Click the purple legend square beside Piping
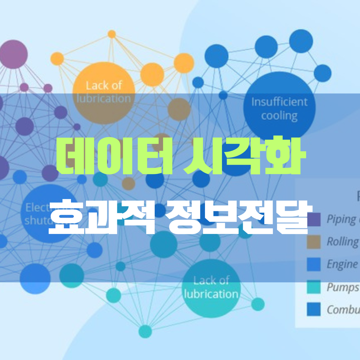pyautogui.click(x=314, y=220)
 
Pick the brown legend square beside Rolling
pyautogui.click(x=314, y=242)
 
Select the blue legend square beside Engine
pyautogui.click(x=314, y=264)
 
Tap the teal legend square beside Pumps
pyautogui.click(x=314, y=287)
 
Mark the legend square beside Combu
pyautogui.click(x=314, y=309)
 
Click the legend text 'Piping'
pyautogui.click(x=341, y=220)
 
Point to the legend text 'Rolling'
pyautogui.click(x=343, y=242)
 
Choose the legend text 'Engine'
pyautogui.click(x=342, y=264)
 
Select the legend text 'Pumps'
pyautogui.click(x=343, y=287)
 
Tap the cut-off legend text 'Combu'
pyautogui.click(x=343, y=309)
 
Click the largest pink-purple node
pyautogui.click(x=13, y=54)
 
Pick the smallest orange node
pyautogui.click(x=112, y=34)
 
